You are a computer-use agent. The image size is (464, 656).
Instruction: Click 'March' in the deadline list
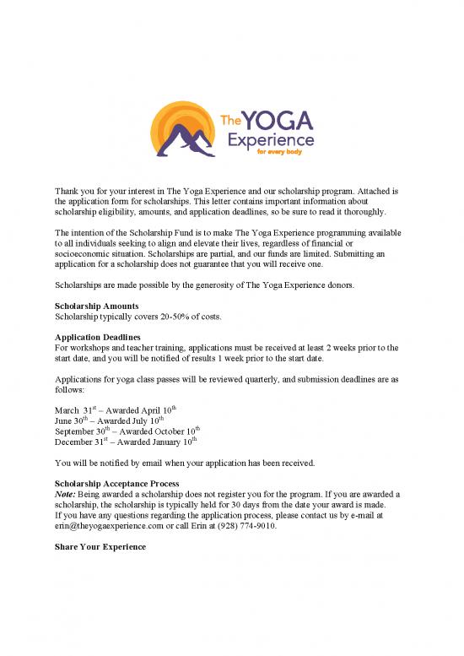(67, 411)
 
